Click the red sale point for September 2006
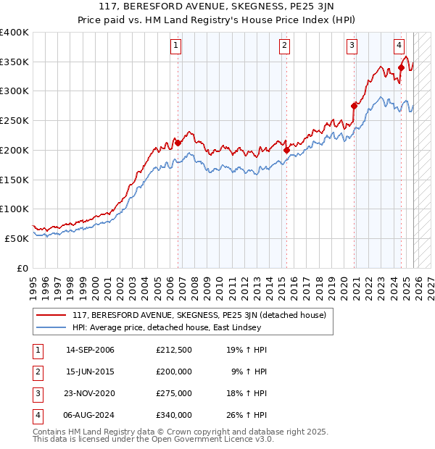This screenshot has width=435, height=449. point(178,143)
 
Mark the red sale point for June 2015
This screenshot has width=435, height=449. point(287,150)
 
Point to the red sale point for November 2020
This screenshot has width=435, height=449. point(355,106)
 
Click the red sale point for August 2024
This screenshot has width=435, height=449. point(401,68)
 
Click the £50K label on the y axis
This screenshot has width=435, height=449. point(17,238)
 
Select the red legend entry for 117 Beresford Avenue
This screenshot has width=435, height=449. point(199,315)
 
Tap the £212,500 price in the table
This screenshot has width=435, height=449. point(174,350)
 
